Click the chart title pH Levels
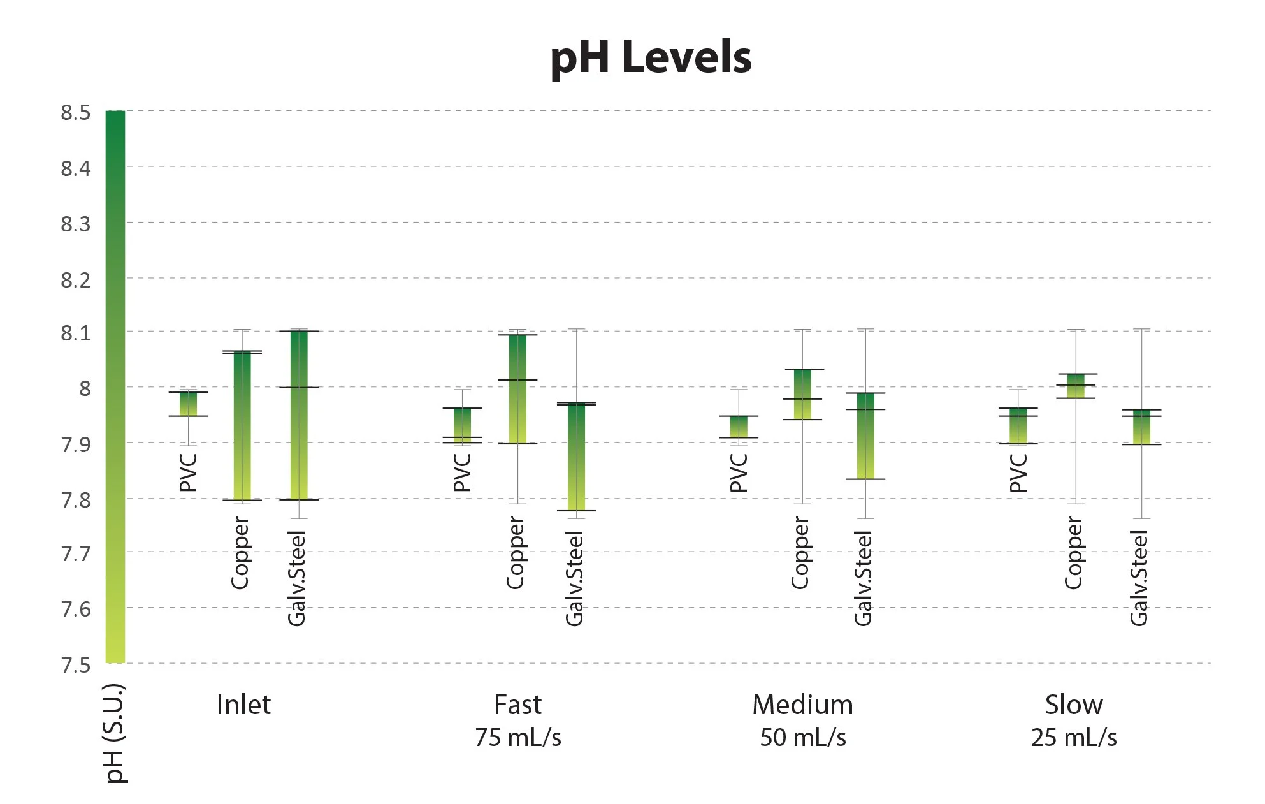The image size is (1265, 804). (x=651, y=58)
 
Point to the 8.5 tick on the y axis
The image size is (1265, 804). (x=75, y=113)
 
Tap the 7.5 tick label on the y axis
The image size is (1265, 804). (x=75, y=665)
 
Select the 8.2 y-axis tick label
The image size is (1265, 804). (x=75, y=279)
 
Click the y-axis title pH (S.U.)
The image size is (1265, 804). (x=115, y=733)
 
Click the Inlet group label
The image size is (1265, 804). (x=243, y=705)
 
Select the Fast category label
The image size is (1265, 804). (x=517, y=705)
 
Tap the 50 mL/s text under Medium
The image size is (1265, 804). (x=802, y=738)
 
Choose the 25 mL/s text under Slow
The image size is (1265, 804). (x=1074, y=738)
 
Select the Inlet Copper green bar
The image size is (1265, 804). (x=242, y=425)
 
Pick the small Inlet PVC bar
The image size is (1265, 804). (x=188, y=404)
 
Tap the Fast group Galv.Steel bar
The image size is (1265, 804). (x=576, y=457)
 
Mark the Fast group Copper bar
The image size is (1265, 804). (x=517, y=389)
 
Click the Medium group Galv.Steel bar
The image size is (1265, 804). (x=865, y=435)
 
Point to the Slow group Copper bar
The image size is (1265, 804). (x=1076, y=386)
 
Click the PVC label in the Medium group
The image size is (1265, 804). (x=738, y=472)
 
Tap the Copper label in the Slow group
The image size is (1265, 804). (x=1073, y=553)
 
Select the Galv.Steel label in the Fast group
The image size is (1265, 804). (x=574, y=578)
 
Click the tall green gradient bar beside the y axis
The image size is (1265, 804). (x=115, y=386)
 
